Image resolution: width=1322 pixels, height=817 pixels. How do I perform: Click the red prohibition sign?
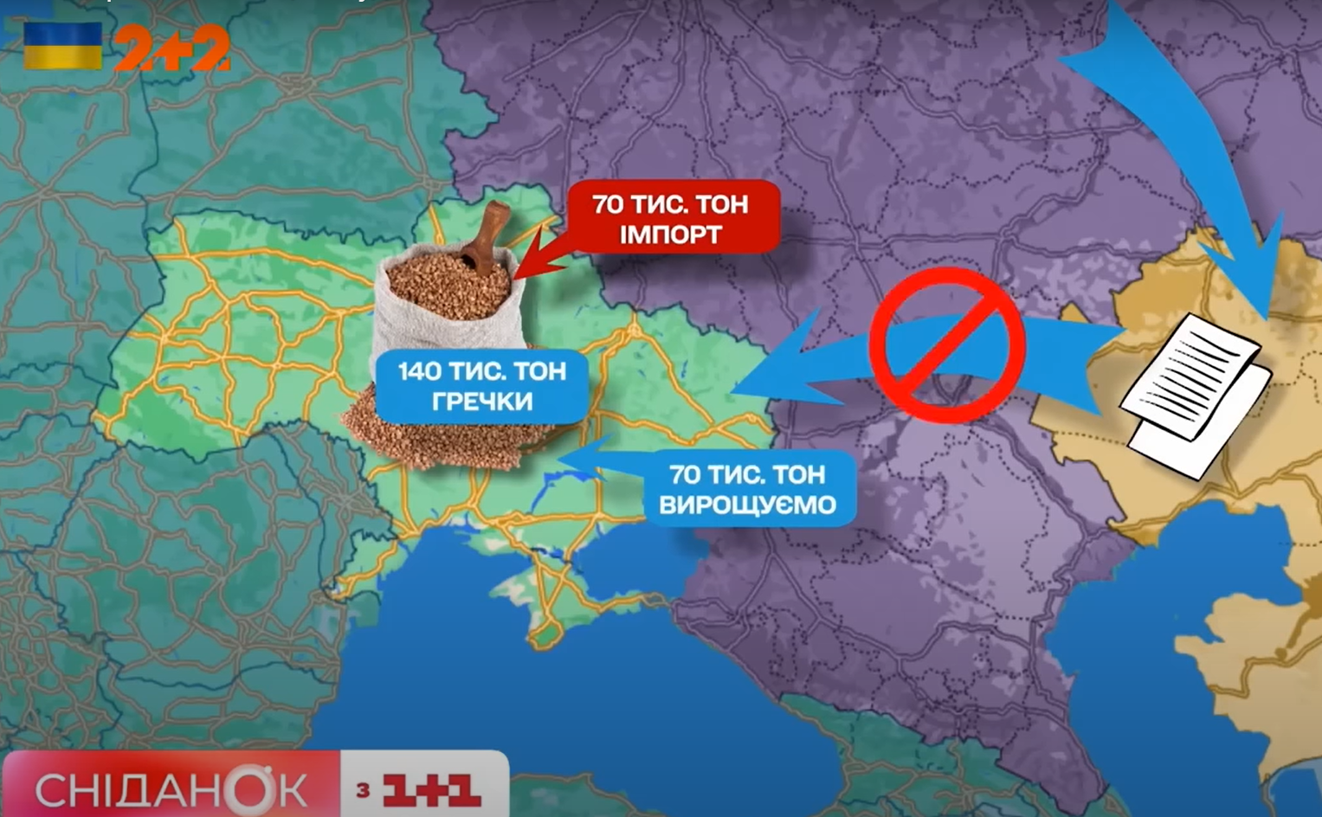[947, 344]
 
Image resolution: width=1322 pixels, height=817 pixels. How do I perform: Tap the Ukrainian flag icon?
[62, 46]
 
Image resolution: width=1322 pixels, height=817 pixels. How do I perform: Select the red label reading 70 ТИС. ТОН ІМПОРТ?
[672, 217]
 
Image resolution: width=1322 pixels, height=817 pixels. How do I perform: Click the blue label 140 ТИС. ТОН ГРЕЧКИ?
[481, 386]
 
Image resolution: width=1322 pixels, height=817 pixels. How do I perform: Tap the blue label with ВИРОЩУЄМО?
[750, 489]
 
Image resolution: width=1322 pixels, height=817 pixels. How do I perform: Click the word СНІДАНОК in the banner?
[171, 789]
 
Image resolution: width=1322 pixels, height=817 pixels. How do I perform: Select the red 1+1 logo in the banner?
[430, 789]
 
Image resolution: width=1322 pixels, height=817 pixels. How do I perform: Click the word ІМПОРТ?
[671, 235]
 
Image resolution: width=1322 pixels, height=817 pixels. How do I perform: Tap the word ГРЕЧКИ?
[481, 402]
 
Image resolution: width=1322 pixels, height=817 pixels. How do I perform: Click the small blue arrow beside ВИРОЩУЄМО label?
[589, 459]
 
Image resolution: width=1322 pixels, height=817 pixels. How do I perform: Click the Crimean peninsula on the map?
[554, 597]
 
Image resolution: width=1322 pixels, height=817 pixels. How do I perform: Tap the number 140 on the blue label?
[420, 371]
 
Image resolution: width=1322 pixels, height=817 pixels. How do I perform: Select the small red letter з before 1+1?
[363, 789]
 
